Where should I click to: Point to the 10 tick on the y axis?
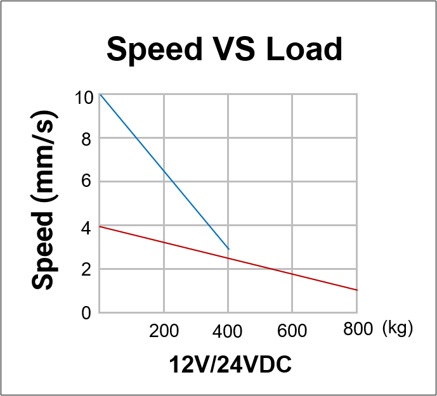coord(83,98)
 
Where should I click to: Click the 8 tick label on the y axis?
coord(87,139)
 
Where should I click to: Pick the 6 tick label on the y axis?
coord(87,182)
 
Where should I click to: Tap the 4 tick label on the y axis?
coord(87,226)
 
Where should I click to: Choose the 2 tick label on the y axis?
coord(87,269)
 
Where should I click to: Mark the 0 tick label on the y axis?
coord(87,313)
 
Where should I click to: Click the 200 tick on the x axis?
coord(164,331)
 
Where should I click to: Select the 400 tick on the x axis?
coord(228,331)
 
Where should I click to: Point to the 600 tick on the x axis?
coord(292,331)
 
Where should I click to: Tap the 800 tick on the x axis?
coord(357,329)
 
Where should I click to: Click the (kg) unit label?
coord(398,329)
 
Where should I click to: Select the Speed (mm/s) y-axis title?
coord(44,201)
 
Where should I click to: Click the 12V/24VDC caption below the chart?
coord(230,366)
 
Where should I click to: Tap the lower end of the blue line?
coord(228,249)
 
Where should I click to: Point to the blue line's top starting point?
coord(100,94)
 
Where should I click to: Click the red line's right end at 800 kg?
coord(357,290)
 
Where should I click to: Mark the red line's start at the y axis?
coord(100,226)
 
